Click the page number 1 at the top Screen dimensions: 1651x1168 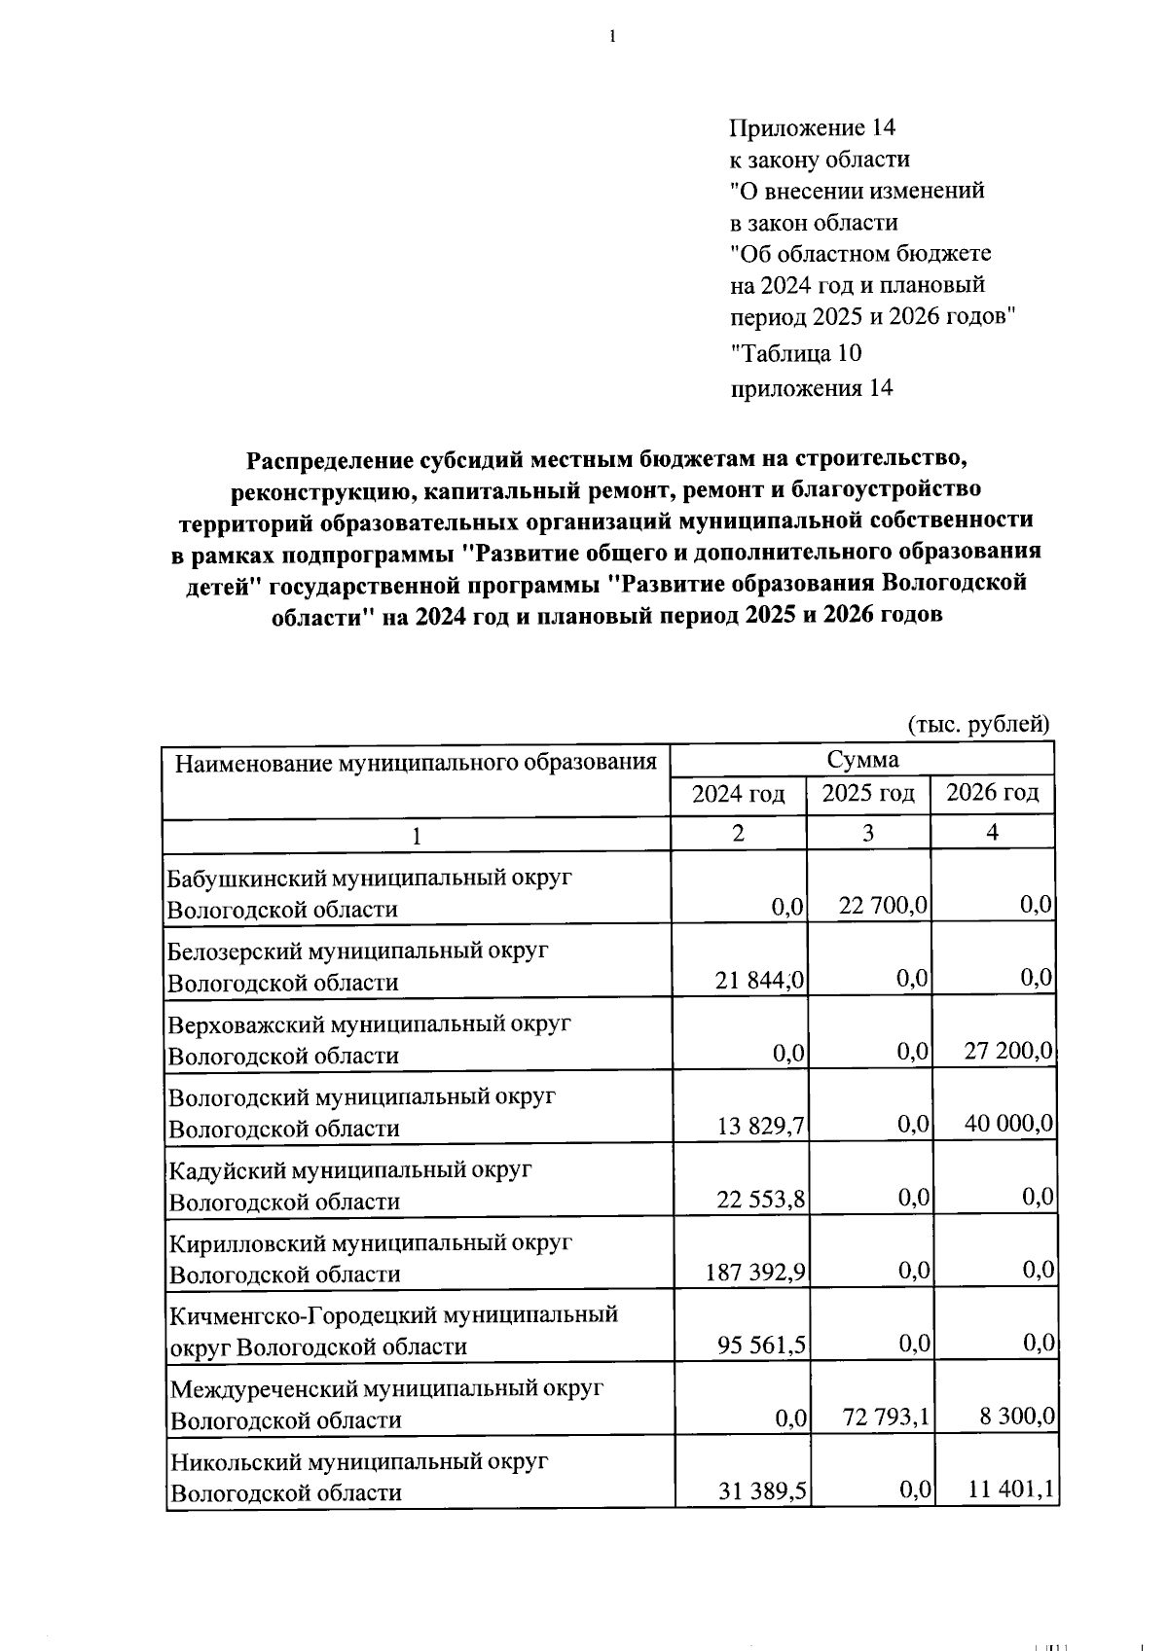coord(612,37)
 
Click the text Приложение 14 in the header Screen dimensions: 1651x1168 coord(812,127)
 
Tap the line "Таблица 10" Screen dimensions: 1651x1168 coord(795,353)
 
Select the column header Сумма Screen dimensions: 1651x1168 coord(862,759)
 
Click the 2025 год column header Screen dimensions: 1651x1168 coord(868,794)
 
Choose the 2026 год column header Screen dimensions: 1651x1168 coord(993,794)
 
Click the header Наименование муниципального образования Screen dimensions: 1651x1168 coord(416,762)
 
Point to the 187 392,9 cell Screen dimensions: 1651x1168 coord(756,1272)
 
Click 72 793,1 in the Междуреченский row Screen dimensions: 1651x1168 coord(884,1418)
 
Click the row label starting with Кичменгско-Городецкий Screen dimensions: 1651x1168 coord(393,1330)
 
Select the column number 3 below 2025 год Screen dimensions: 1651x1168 coord(867,834)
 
